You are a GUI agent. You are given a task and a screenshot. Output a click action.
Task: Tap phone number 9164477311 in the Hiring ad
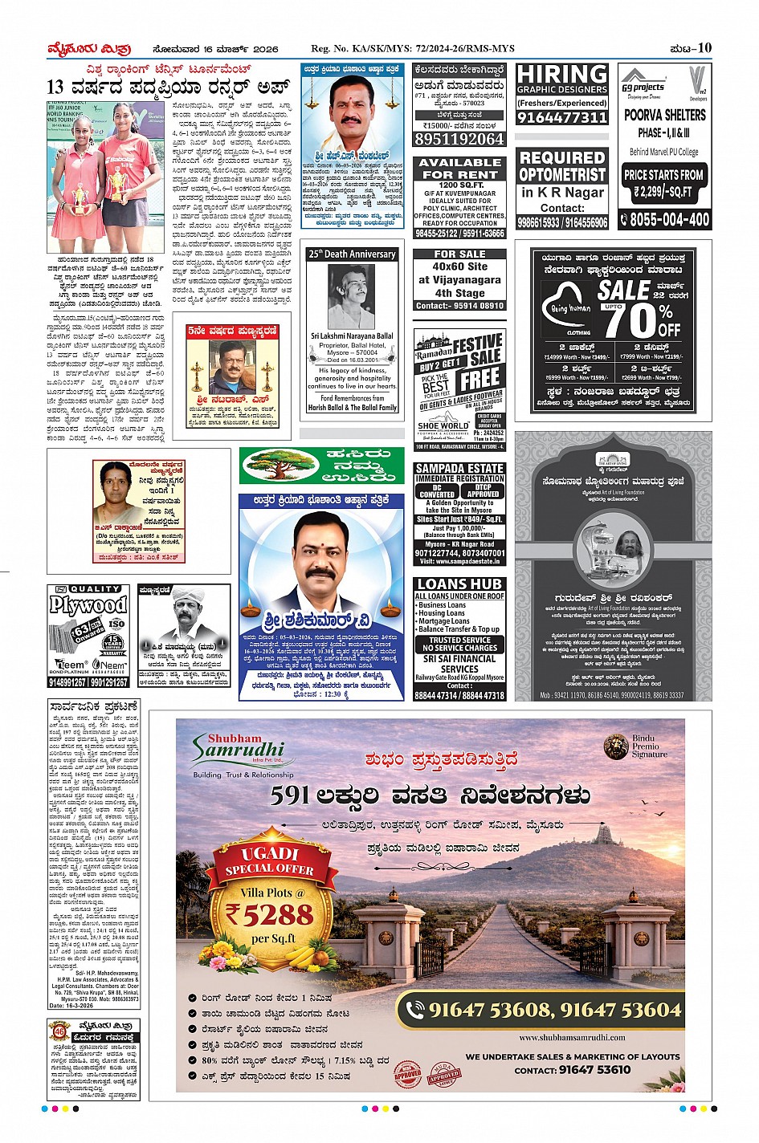pos(561,117)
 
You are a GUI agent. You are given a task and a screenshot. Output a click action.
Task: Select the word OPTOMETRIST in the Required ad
pos(562,174)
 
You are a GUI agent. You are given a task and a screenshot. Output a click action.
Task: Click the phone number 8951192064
pos(459,139)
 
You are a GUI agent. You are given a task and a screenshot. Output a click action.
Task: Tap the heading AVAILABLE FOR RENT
pos(460,168)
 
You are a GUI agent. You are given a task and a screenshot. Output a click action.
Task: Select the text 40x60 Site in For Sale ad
pos(459,266)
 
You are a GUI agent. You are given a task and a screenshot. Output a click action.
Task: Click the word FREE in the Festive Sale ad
pos(480,378)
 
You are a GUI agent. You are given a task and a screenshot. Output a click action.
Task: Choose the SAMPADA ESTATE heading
pos(459,468)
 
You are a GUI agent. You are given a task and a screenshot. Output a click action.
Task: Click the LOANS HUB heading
pos(459,584)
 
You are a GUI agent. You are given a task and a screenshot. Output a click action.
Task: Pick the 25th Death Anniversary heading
pos(352,254)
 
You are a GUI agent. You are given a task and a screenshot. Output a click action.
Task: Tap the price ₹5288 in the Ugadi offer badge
pos(269,913)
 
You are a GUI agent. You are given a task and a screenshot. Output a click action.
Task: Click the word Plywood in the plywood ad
pos(88,605)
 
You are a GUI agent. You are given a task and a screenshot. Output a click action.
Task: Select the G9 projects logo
pos(643,85)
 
